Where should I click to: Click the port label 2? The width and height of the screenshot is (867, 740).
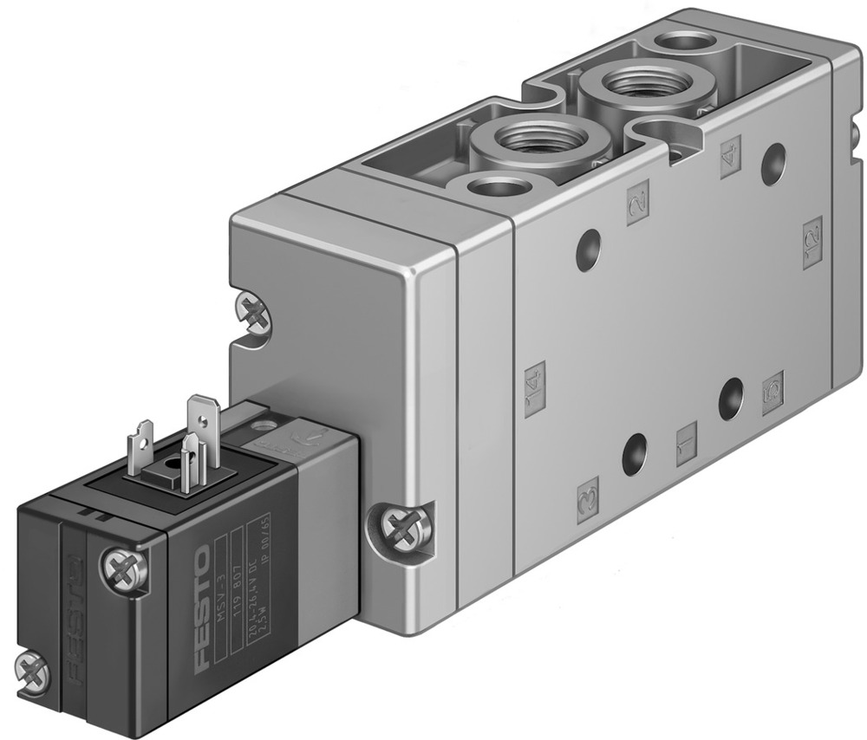click(637, 205)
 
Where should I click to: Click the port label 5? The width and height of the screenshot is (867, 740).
click(772, 393)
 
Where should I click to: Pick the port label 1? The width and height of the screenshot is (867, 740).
click(687, 443)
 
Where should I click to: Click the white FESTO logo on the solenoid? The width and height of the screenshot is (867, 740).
click(200, 607)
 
